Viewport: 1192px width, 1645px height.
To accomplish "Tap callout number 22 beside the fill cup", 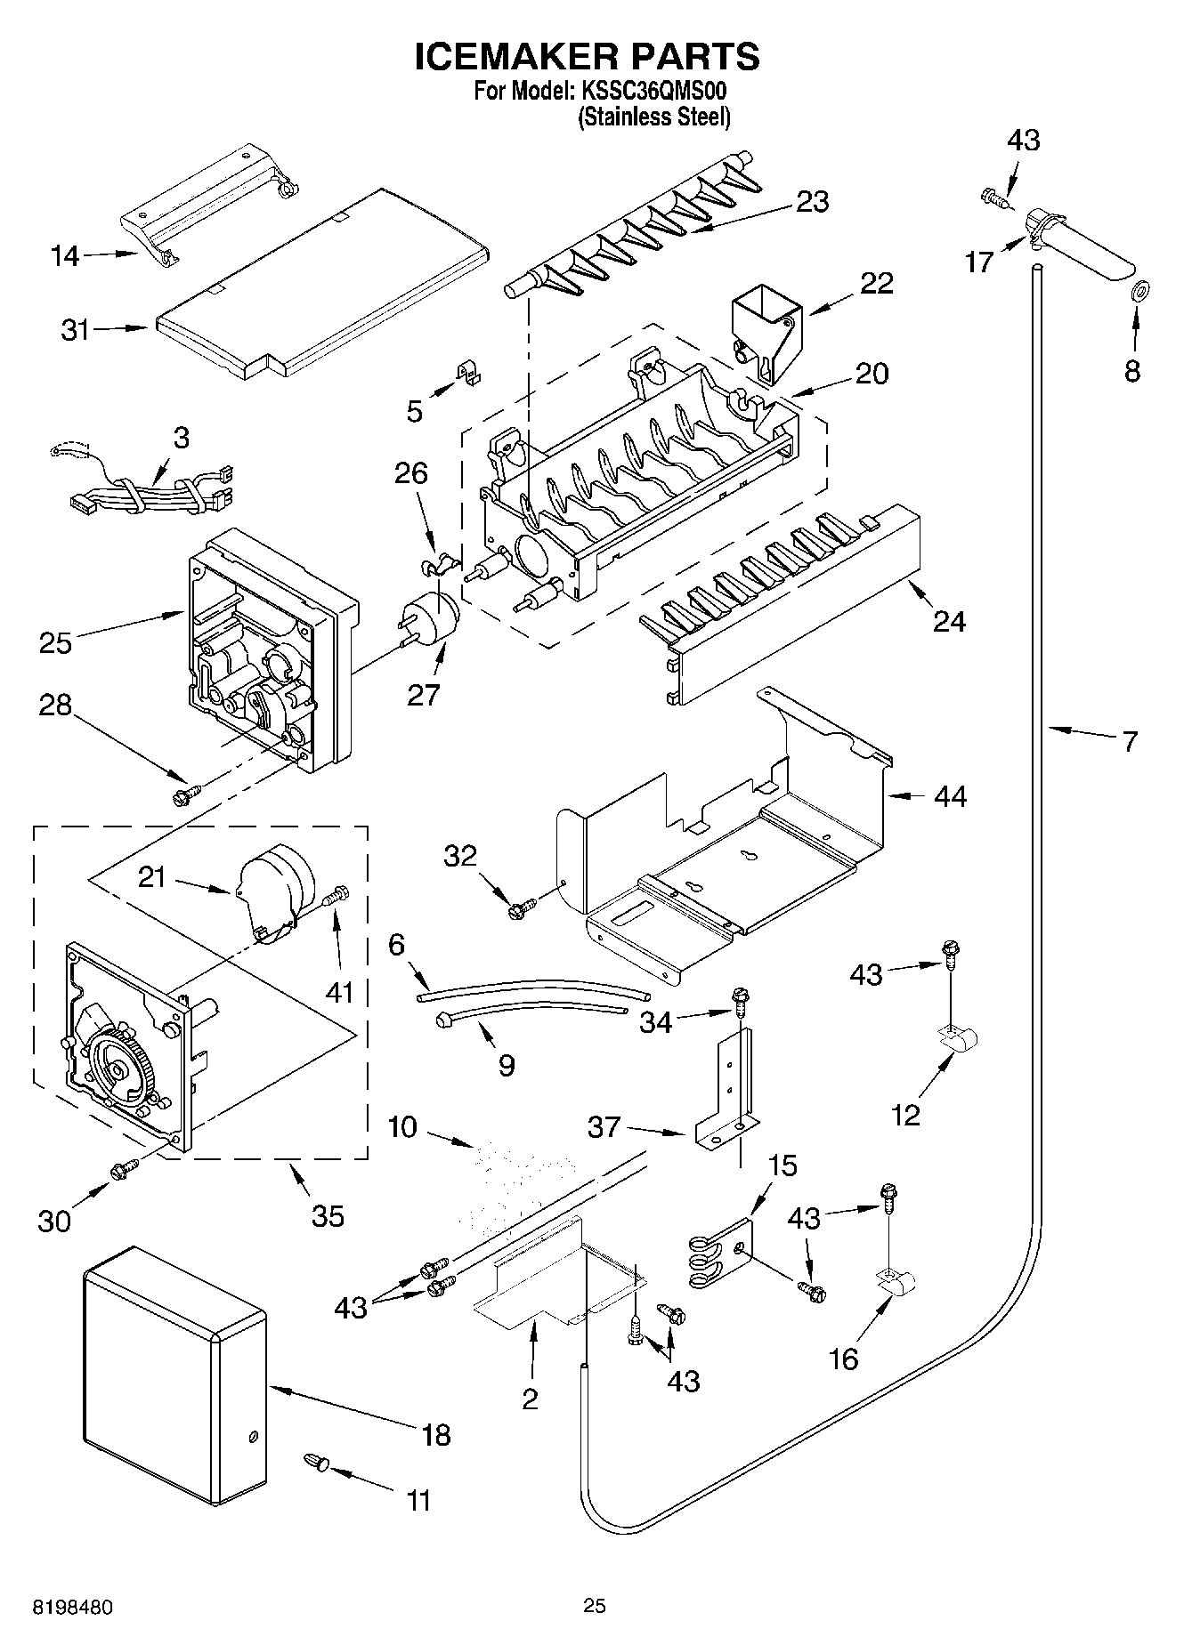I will (877, 283).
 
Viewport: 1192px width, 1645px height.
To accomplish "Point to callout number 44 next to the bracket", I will (950, 795).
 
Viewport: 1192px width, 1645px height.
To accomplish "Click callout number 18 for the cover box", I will (436, 1435).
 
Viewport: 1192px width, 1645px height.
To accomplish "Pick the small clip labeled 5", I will (466, 374).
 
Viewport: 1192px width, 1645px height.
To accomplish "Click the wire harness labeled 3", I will (151, 496).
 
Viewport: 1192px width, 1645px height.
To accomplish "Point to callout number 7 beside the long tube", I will (1129, 741).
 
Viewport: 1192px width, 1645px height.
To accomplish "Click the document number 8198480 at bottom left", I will (73, 1608).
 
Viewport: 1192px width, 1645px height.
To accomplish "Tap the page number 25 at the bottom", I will (595, 1607).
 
